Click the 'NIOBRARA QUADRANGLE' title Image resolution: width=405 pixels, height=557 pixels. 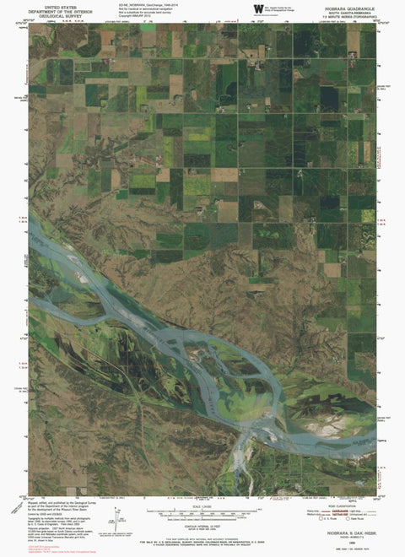tap(348, 5)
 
